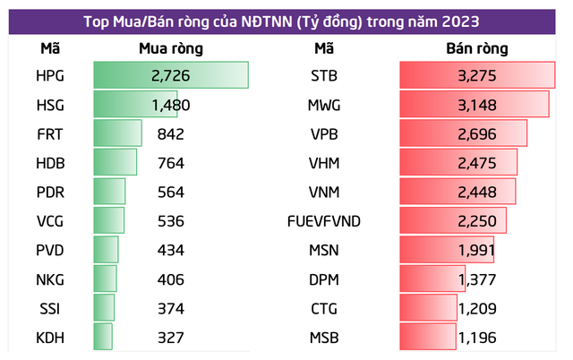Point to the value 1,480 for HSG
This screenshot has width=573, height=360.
point(171,106)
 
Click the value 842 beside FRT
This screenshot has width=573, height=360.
point(168,134)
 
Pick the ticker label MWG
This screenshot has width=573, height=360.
point(324,106)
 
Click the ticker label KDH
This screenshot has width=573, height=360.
point(51,338)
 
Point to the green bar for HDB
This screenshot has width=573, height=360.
point(115,163)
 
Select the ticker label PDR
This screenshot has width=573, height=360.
point(51,193)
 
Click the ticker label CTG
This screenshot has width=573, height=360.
point(324,309)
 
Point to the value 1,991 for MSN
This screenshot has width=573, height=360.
point(475,251)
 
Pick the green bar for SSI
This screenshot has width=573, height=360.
point(104,309)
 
